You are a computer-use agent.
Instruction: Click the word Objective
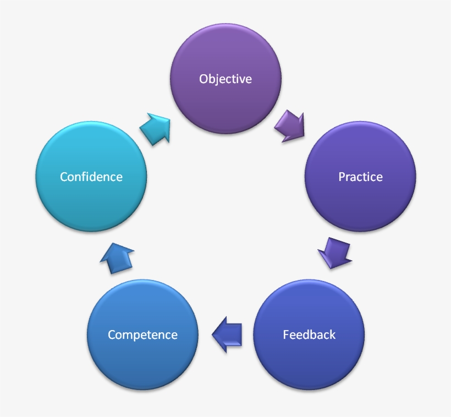click(226, 79)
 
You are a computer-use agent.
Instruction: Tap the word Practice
click(360, 177)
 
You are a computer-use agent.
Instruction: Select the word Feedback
click(309, 334)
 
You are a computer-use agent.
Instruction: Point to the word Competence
click(142, 334)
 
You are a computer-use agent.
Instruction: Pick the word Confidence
click(91, 177)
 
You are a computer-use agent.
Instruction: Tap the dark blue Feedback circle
click(309, 363)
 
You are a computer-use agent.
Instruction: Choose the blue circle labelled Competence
click(142, 363)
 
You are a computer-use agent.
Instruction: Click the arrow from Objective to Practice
click(290, 125)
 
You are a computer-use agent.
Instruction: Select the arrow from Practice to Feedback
click(335, 253)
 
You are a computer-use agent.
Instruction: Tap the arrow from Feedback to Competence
click(227, 334)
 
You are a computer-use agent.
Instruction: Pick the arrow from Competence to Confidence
click(117, 257)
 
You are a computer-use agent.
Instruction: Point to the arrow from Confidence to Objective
click(156, 129)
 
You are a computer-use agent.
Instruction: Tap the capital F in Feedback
click(286, 334)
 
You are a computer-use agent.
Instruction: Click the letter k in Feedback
click(332, 334)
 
